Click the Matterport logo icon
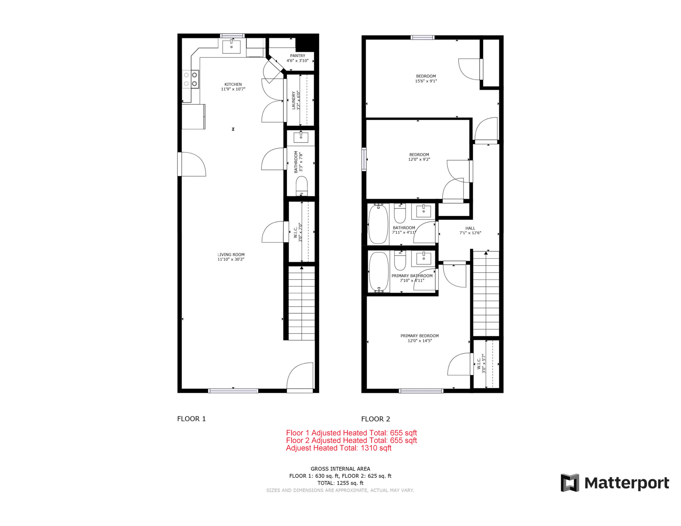570,483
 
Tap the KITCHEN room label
233,84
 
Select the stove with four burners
190,79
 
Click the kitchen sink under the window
231,47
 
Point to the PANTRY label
298,56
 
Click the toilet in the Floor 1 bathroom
301,186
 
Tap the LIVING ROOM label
231,254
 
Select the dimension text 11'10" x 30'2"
231,259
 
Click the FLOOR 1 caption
192,419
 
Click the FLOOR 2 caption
376,419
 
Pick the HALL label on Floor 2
470,228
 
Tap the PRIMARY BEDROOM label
420,336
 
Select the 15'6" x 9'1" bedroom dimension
426,81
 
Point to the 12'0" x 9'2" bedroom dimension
419,160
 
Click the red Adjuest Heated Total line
339,448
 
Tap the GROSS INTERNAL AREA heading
340,469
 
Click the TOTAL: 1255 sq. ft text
340,483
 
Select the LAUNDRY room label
293,100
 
